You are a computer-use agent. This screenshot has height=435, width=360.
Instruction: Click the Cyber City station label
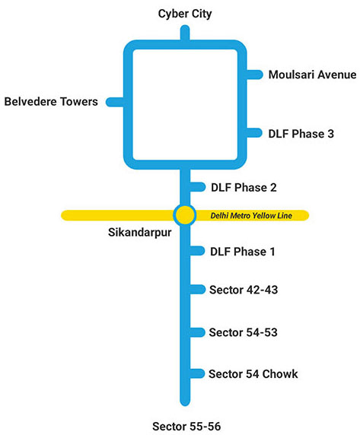pos(185,14)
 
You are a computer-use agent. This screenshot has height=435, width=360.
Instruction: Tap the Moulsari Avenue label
pos(312,75)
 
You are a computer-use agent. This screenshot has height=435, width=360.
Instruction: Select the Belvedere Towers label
pos(51,102)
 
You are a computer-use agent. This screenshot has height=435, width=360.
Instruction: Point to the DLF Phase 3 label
pos(301,134)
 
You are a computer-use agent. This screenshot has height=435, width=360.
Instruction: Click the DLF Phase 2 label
pos(244,188)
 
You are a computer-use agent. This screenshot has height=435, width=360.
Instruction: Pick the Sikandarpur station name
pos(139,233)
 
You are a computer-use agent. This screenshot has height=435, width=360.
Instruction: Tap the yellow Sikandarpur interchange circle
pos(185,215)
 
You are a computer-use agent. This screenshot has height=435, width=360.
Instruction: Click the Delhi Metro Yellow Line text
pos(251,215)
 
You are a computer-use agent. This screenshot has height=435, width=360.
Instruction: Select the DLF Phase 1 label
pos(243,252)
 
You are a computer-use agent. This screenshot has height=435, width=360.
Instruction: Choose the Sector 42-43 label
pos(244,290)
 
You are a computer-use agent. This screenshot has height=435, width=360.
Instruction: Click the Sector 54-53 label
pos(243,332)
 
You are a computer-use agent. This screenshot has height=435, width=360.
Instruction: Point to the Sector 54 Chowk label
pos(253,374)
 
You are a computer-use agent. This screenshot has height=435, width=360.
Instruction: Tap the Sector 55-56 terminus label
pos(186,427)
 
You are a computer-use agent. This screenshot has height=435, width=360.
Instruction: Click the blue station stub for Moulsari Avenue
pos(254,75)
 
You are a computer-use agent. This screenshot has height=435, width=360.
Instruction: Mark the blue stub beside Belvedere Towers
pos(115,102)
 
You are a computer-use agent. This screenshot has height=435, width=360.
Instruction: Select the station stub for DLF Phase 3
pos(254,133)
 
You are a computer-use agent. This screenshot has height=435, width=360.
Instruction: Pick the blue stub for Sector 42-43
pos(198,289)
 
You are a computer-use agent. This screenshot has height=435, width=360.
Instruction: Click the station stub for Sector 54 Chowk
pos(197,373)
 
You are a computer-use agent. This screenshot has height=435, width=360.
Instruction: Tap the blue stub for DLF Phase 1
pos(197,251)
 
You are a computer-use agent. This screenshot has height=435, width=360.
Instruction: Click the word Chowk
pos(280,374)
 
